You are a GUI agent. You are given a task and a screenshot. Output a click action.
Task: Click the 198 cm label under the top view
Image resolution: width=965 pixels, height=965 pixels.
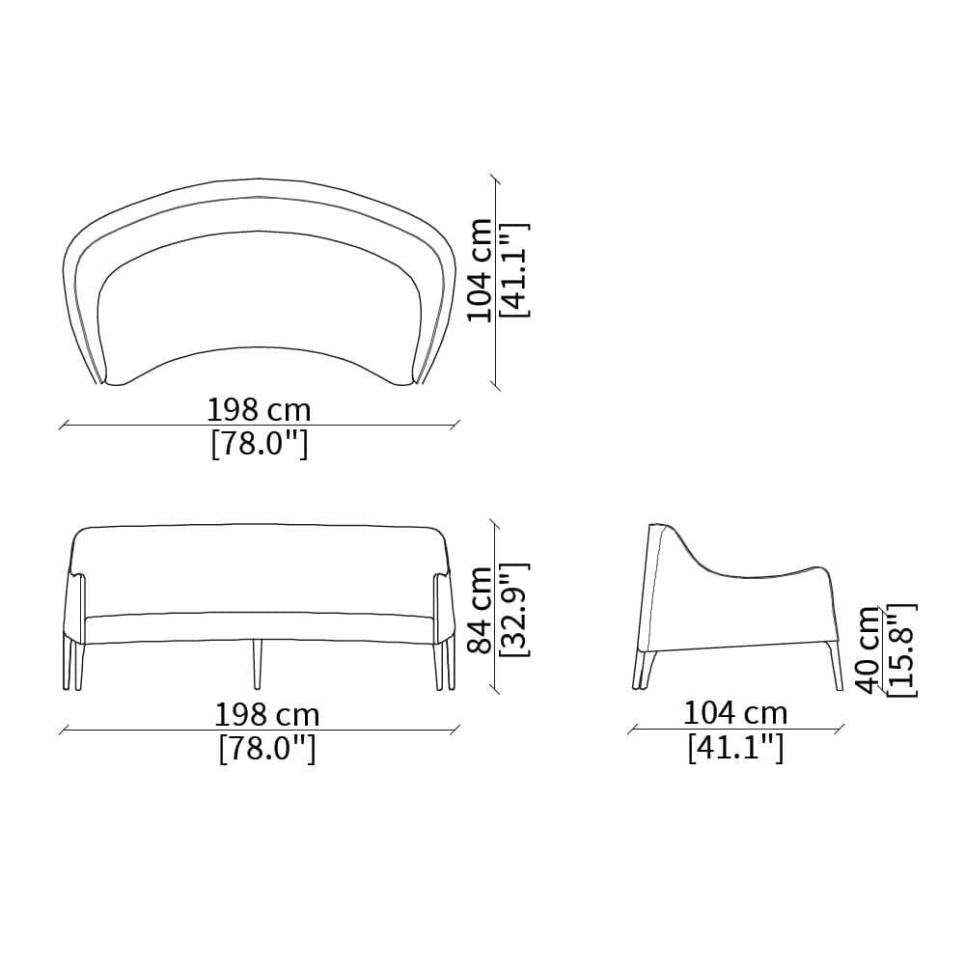[259, 410]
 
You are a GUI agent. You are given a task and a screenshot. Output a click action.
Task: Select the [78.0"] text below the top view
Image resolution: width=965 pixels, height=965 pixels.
[259, 444]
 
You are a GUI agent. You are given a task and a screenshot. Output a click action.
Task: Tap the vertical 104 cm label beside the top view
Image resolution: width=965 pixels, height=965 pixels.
[480, 270]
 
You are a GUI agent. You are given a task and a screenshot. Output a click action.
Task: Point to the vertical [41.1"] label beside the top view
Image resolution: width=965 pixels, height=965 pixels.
[515, 270]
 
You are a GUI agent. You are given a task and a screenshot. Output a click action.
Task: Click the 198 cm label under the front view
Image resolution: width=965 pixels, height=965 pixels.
[267, 715]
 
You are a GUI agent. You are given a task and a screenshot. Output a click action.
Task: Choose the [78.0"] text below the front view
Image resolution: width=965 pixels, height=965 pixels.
[267, 749]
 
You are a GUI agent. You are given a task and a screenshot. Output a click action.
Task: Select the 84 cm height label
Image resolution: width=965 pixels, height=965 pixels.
[480, 609]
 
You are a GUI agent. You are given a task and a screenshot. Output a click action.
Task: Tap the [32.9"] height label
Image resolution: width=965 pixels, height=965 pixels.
[515, 609]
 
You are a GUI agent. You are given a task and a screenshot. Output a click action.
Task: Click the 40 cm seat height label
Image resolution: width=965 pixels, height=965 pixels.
[869, 649]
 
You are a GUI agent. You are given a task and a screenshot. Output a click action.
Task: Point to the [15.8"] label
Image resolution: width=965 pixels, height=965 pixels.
[902, 649]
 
